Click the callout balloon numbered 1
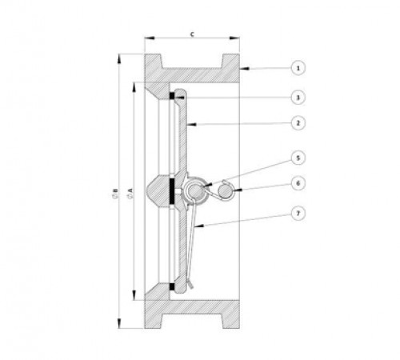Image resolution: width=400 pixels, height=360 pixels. click(x=298, y=68)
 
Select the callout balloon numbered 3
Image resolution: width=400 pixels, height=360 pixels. click(x=298, y=98)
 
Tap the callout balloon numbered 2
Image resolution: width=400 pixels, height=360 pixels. click(x=298, y=123)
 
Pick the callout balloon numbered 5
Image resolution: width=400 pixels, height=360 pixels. click(x=298, y=158)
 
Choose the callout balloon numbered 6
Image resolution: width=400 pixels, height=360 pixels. click(x=298, y=183)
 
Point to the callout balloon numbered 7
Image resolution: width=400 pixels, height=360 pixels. click(x=298, y=214)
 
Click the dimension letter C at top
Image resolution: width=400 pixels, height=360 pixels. click(x=192, y=34)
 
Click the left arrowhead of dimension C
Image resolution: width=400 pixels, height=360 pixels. click(x=150, y=38)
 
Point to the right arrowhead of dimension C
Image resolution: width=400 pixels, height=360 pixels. click(x=234, y=38)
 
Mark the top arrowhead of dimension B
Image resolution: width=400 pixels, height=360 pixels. click(x=119, y=58)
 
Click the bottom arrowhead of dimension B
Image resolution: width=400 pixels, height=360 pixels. click(x=119, y=323)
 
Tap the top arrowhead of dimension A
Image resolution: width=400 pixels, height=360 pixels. click(x=134, y=88)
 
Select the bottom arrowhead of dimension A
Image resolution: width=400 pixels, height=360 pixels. click(x=134, y=295)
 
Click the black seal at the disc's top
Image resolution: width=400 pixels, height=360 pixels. click(x=172, y=96)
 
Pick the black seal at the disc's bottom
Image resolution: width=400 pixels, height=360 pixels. click(x=172, y=286)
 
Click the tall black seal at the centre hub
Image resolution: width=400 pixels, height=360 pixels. click(x=172, y=191)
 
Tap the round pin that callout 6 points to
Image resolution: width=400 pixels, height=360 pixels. click(x=224, y=191)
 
